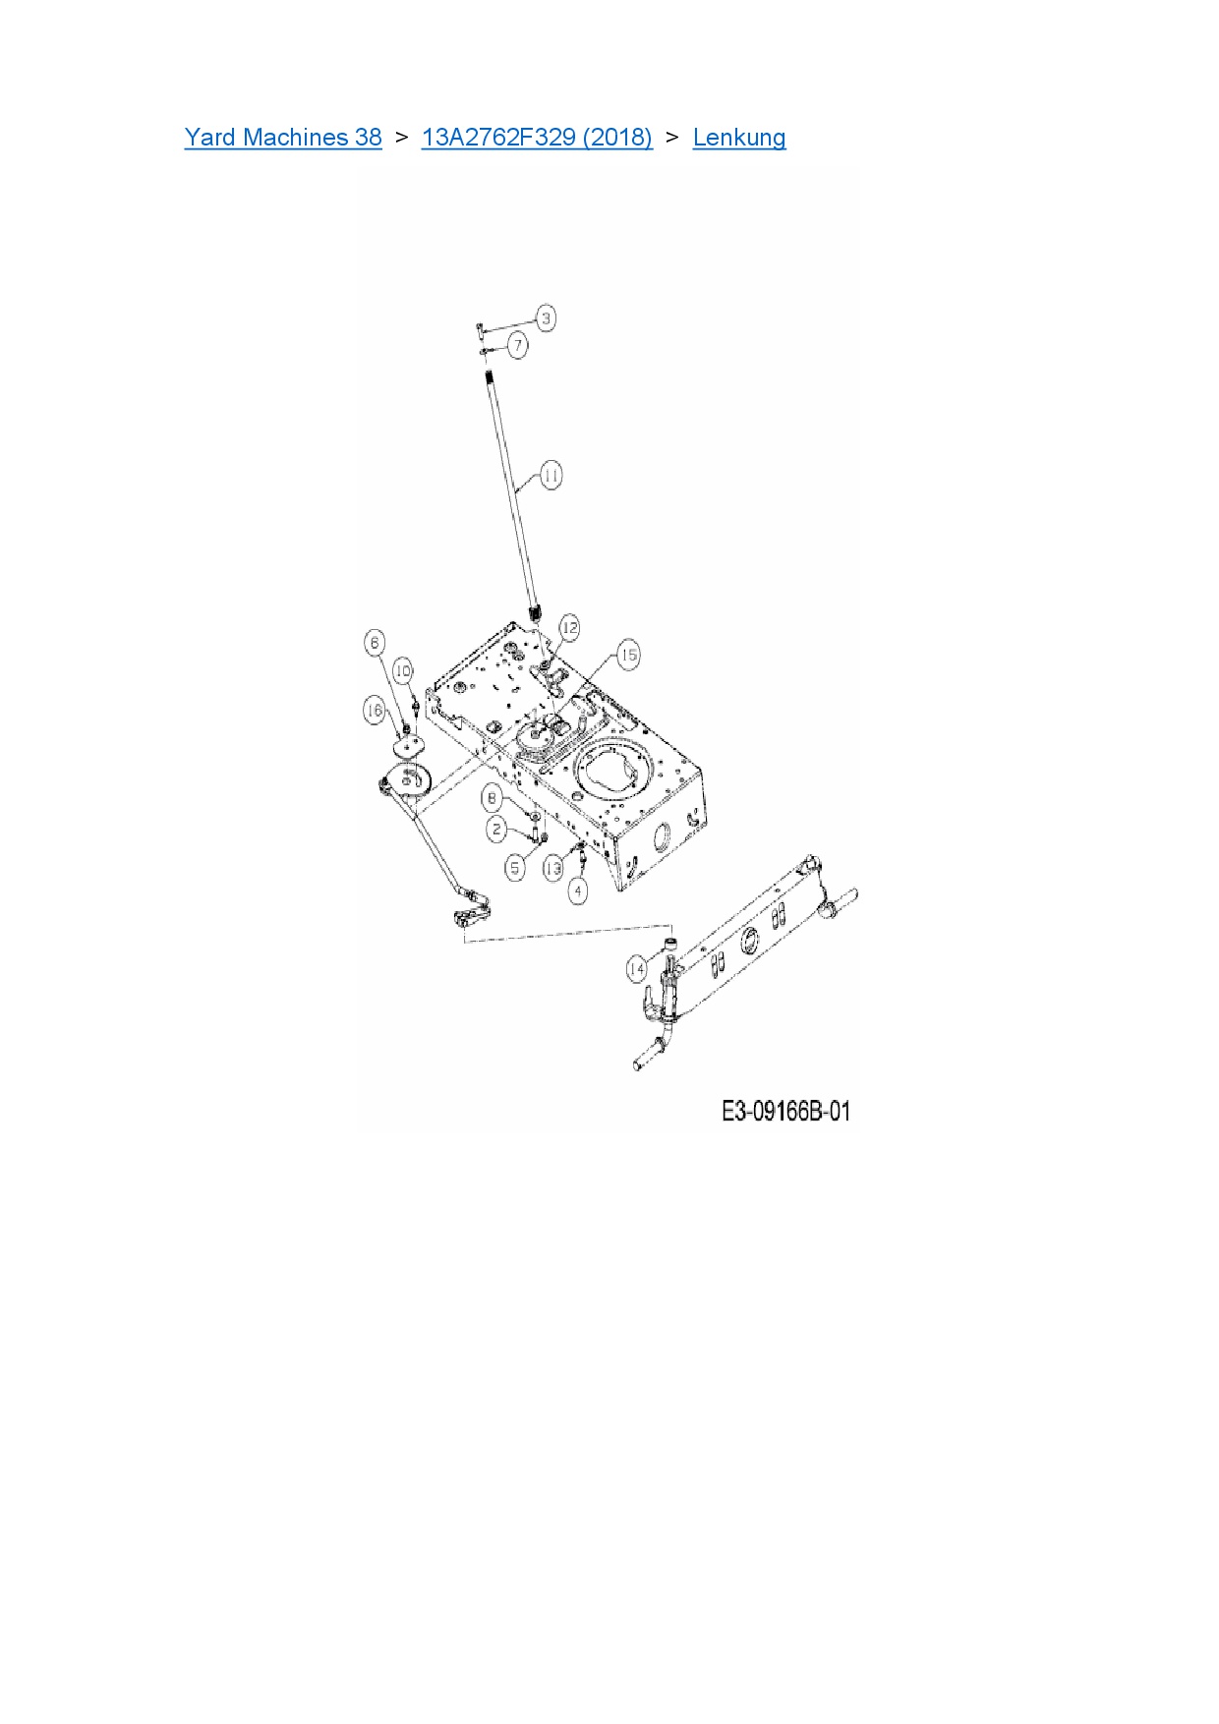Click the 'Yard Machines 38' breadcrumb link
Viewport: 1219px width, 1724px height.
(283, 138)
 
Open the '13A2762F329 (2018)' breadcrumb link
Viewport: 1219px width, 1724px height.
(537, 138)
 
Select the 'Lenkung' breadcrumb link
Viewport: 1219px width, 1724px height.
(739, 138)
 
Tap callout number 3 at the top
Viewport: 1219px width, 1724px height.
(547, 317)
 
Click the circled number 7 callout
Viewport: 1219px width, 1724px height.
(518, 345)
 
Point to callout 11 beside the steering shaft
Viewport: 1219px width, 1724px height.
(551, 476)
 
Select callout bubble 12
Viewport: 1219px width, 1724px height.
(569, 627)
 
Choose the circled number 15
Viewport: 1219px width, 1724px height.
(628, 654)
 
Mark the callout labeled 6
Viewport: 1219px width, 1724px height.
(375, 643)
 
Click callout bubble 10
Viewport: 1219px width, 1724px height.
(403, 670)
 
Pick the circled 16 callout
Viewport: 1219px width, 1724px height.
(374, 710)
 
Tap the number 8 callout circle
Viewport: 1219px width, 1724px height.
(493, 797)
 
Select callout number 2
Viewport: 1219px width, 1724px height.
(497, 830)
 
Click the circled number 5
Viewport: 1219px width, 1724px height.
(515, 867)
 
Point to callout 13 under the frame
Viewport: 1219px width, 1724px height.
(553, 868)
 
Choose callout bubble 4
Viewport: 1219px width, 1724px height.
(579, 891)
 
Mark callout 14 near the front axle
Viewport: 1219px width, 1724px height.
(637, 969)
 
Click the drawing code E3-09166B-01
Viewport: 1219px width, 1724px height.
(785, 1112)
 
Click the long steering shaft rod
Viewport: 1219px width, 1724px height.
(513, 491)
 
